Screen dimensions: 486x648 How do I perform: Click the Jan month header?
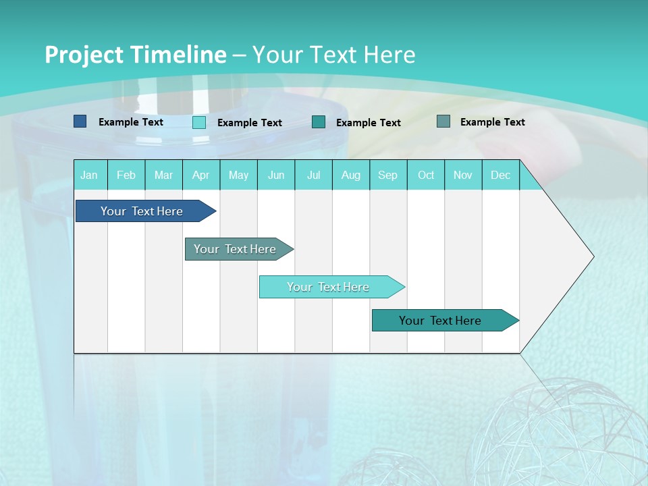[x=90, y=175]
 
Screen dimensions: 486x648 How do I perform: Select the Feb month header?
[x=126, y=175]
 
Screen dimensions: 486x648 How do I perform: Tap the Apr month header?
[x=201, y=175]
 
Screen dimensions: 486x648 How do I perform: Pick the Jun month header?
[x=276, y=175]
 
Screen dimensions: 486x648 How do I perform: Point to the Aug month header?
[x=351, y=175]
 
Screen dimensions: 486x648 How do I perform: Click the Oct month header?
[x=426, y=175]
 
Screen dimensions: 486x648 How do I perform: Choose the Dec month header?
[x=501, y=175]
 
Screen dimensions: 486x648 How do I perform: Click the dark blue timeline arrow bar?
[x=142, y=211]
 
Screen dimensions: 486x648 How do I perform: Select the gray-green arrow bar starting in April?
[x=235, y=249]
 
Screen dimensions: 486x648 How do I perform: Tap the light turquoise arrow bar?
[x=328, y=287]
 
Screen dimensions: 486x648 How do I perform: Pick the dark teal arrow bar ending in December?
[x=440, y=321]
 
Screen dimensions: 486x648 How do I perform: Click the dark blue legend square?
[x=80, y=122]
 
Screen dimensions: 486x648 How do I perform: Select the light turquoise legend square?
[x=199, y=122]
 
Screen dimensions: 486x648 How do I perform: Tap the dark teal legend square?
[x=319, y=122]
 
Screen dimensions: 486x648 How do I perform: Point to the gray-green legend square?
[x=443, y=122]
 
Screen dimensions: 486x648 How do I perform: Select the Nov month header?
[x=463, y=175]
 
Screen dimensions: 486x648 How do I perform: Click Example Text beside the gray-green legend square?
[x=492, y=122]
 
